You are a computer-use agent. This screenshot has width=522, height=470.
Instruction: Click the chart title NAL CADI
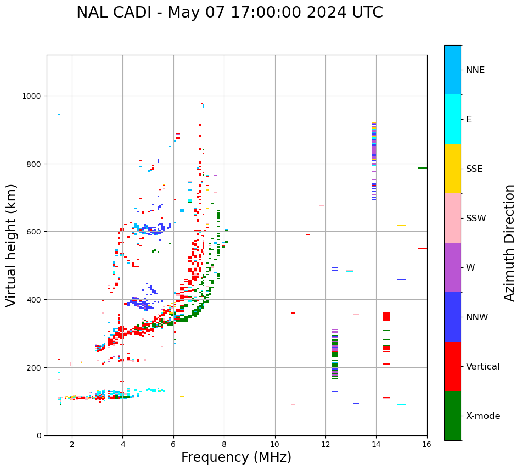coord(229,13)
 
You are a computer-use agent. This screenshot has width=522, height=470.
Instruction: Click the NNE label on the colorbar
coord(475,70)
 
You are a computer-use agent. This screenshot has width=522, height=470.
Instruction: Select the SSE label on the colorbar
coord(474,169)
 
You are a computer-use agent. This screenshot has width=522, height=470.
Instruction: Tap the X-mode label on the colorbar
coord(483,416)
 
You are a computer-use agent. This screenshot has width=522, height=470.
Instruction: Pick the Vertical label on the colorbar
coord(482,366)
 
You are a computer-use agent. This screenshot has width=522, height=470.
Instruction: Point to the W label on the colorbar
coord(470,267)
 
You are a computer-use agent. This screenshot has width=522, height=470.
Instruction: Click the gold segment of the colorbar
coord(452,169)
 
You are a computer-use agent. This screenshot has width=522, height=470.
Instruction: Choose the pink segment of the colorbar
coord(452,218)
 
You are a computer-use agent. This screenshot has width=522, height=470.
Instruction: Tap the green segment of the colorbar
coord(452,416)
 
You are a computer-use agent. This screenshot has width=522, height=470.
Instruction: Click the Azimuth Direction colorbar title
coord(510,243)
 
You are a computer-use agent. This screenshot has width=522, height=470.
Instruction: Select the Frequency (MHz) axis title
coord(236,457)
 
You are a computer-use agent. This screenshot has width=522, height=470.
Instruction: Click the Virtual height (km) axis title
coord(12,245)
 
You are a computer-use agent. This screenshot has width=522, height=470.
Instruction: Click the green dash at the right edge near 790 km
coord(422,168)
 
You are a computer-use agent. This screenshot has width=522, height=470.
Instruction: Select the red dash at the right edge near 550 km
coord(422,249)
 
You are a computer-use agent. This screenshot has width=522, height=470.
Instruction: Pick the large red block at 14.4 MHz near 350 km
coord(386,316)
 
